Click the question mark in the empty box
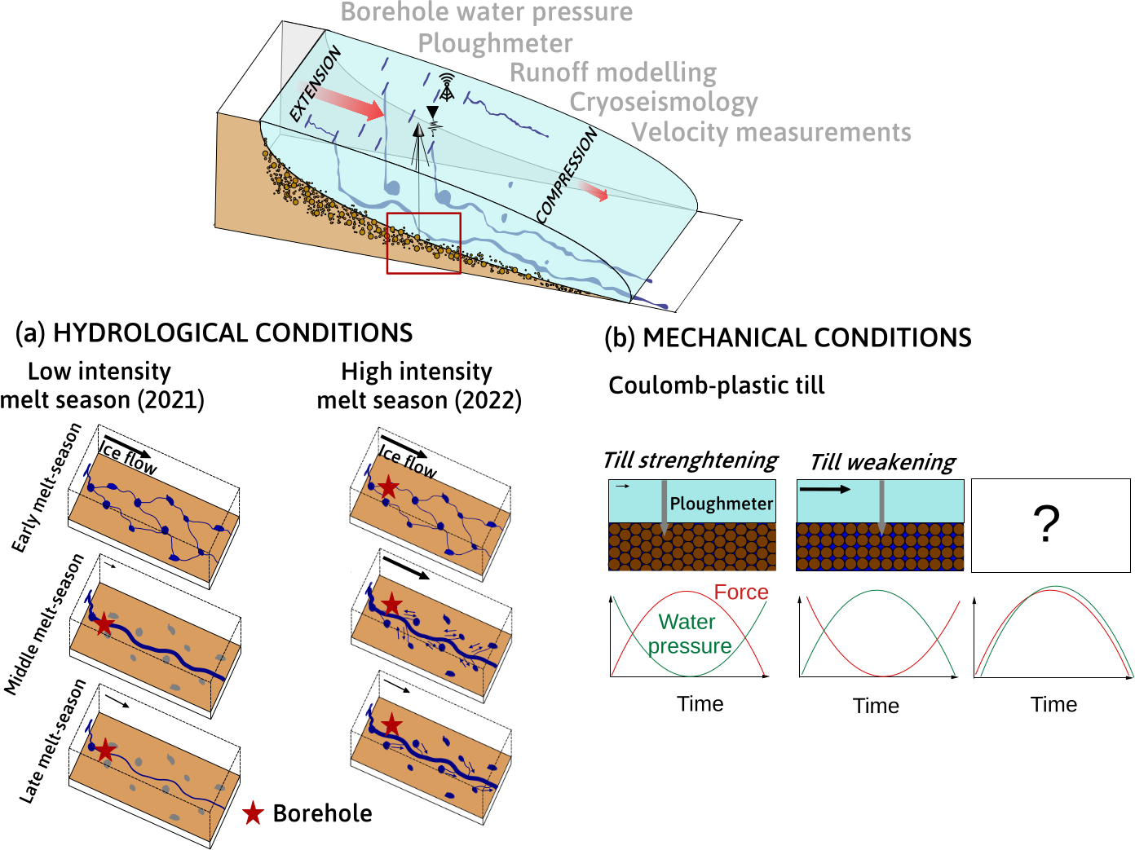[x=1047, y=524]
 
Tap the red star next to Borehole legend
[x=254, y=813]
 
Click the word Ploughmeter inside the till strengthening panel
[x=721, y=504]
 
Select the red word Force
[x=741, y=592]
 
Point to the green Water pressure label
[x=689, y=634]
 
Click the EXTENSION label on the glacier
[x=315, y=85]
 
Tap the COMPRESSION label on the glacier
[x=567, y=174]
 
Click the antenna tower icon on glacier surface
[x=446, y=86]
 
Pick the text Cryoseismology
[x=664, y=102]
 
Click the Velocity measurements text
[x=771, y=132]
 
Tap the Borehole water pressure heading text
[x=487, y=12]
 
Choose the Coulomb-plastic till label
[x=717, y=385]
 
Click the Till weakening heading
[x=882, y=462]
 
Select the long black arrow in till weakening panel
[x=824, y=489]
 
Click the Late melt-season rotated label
[x=53, y=741]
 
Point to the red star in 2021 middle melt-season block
[x=104, y=625]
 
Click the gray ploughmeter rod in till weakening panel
[x=881, y=506]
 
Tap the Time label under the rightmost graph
[x=1053, y=704]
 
